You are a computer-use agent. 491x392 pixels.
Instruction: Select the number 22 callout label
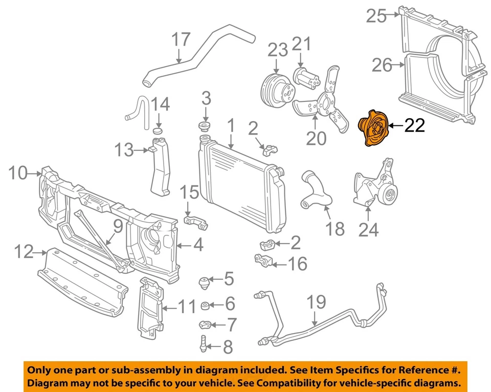pyautogui.click(x=414, y=125)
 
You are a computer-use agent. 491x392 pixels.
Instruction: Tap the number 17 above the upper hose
pyautogui.click(x=181, y=40)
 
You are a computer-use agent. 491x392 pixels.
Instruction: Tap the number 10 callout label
pyautogui.click(x=18, y=173)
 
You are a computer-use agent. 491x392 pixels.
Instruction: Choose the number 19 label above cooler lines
pyautogui.click(x=317, y=302)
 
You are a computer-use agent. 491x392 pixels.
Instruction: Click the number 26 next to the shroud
pyautogui.click(x=382, y=66)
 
